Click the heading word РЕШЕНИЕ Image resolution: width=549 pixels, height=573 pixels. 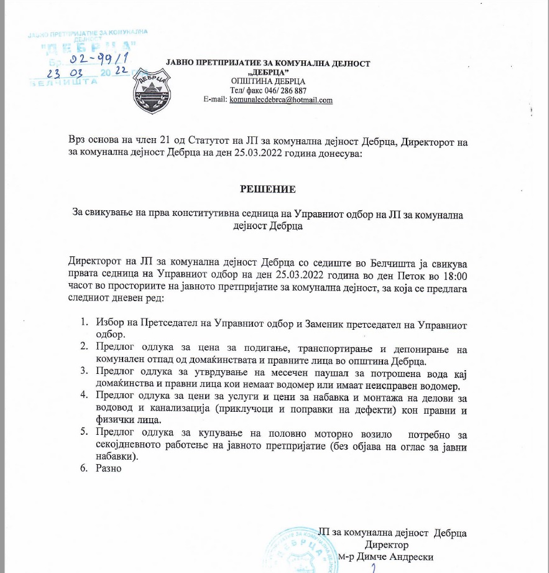click(x=268, y=189)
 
